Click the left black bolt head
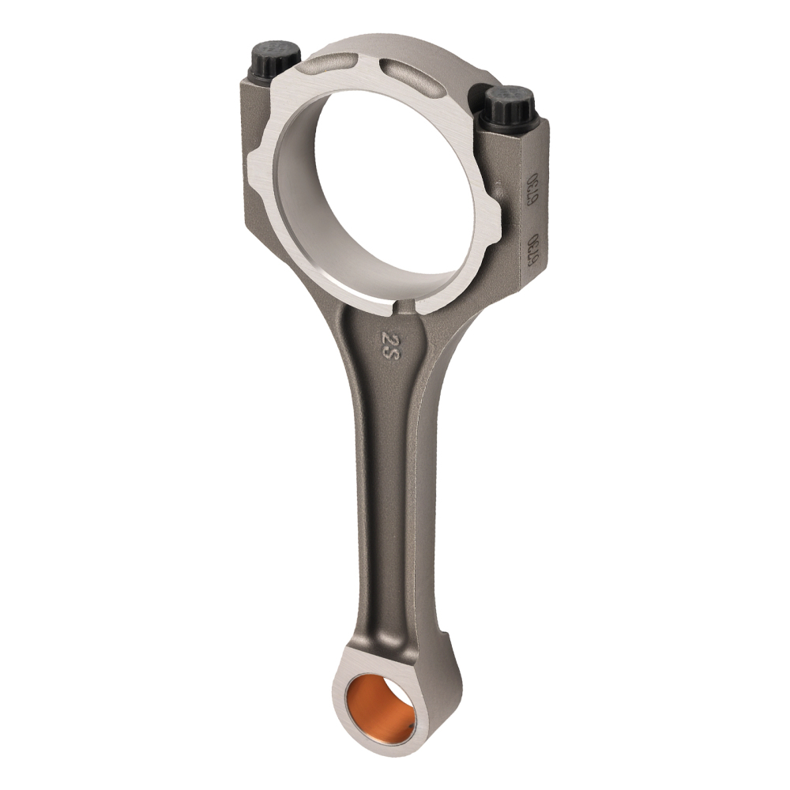[274, 58]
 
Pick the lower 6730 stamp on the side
[534, 252]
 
